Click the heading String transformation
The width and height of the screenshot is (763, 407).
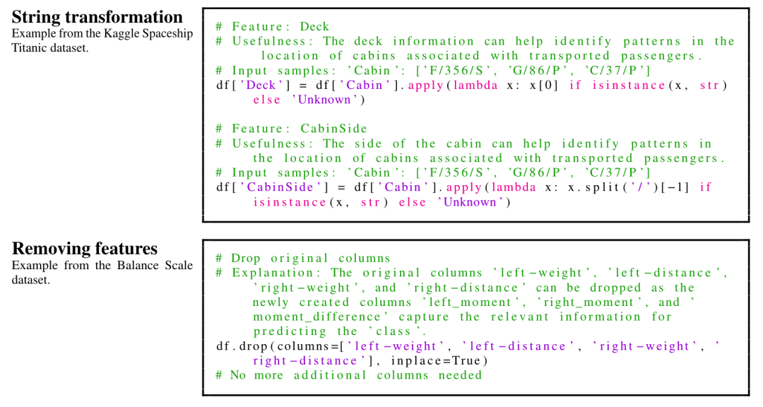(97, 17)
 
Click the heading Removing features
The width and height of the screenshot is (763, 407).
(85, 248)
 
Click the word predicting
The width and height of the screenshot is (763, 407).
(290, 331)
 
